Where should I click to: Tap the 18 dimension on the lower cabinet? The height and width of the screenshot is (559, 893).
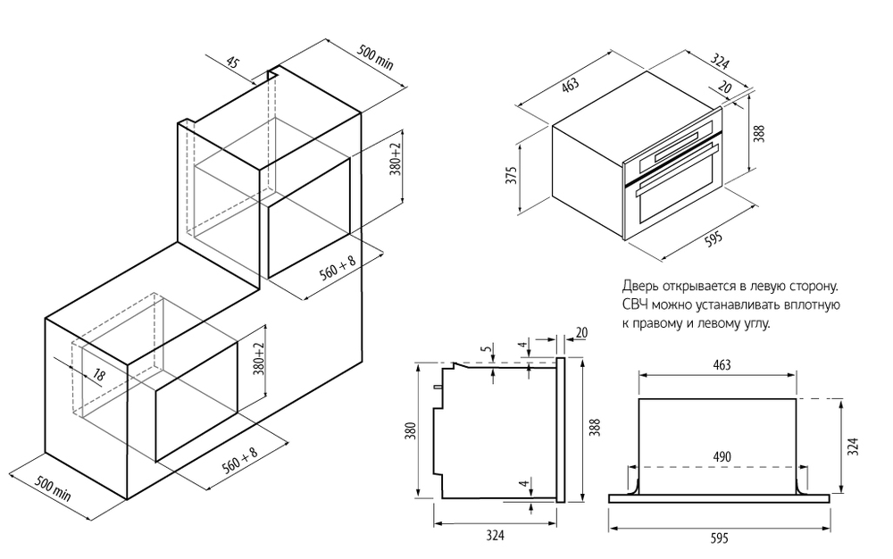pyautogui.click(x=99, y=377)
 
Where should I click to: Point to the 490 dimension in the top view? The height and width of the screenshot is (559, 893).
pyautogui.click(x=722, y=457)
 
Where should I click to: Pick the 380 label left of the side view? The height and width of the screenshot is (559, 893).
pyautogui.click(x=410, y=432)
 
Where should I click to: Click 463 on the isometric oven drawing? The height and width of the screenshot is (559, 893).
pyautogui.click(x=571, y=85)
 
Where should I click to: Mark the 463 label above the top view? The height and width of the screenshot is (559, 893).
pyautogui.click(x=722, y=364)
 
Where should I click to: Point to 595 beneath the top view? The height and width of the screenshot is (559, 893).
pyautogui.click(x=720, y=538)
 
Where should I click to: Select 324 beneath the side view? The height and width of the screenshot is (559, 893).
pyautogui.click(x=496, y=535)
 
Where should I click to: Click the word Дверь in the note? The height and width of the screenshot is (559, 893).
pyautogui.click(x=640, y=287)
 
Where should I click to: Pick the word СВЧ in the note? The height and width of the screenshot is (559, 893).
pyautogui.click(x=634, y=305)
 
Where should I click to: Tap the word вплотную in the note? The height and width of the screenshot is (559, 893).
pyautogui.click(x=810, y=305)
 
